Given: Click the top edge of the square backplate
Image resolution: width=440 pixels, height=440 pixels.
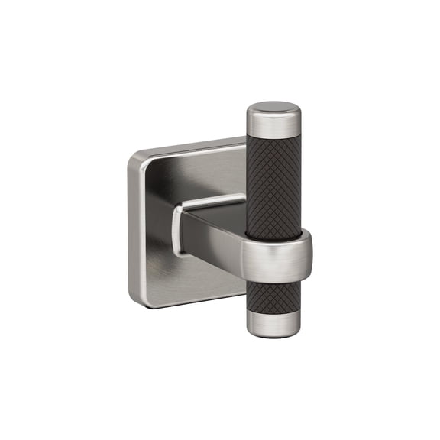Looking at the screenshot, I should pyautogui.click(x=191, y=145).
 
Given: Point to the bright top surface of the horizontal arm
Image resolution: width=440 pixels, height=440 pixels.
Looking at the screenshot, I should pyautogui.click(x=210, y=202).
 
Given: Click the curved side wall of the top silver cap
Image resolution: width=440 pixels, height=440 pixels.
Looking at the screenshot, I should pyautogui.click(x=273, y=125).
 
